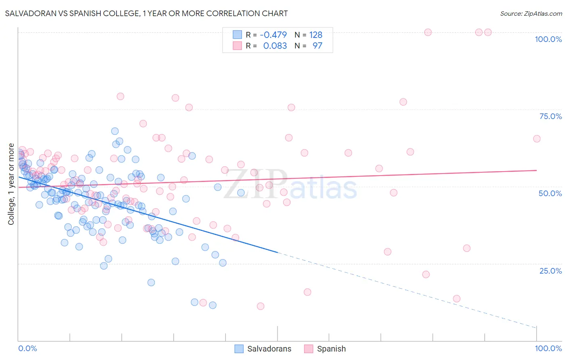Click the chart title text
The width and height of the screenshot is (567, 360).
tap(146, 13)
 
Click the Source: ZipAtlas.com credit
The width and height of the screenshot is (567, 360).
tap(531, 14)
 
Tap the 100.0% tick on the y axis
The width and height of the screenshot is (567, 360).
tap(548, 39)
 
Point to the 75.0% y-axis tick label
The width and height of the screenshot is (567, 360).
tap(550, 116)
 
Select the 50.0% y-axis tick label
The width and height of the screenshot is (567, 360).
tap(550, 193)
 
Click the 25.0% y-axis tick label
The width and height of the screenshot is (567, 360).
tap(550, 271)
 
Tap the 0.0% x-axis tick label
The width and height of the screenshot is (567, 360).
tap(27, 348)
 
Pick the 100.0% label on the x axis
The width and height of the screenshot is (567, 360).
tap(548, 348)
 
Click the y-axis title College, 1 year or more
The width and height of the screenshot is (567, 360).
tap(11, 184)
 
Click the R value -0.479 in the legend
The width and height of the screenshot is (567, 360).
tap(273, 35)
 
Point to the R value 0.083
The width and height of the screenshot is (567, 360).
tap(275, 46)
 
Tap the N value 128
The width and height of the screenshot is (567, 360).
tap(316, 35)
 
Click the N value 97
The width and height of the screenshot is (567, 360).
tap(317, 46)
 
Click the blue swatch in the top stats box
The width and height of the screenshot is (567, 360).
tap(237, 35)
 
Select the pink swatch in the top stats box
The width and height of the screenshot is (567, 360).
tap(237, 46)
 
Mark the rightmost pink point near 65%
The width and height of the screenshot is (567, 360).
tap(536, 139)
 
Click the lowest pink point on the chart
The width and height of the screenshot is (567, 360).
tap(261, 306)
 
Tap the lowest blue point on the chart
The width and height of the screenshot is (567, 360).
tap(213, 305)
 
